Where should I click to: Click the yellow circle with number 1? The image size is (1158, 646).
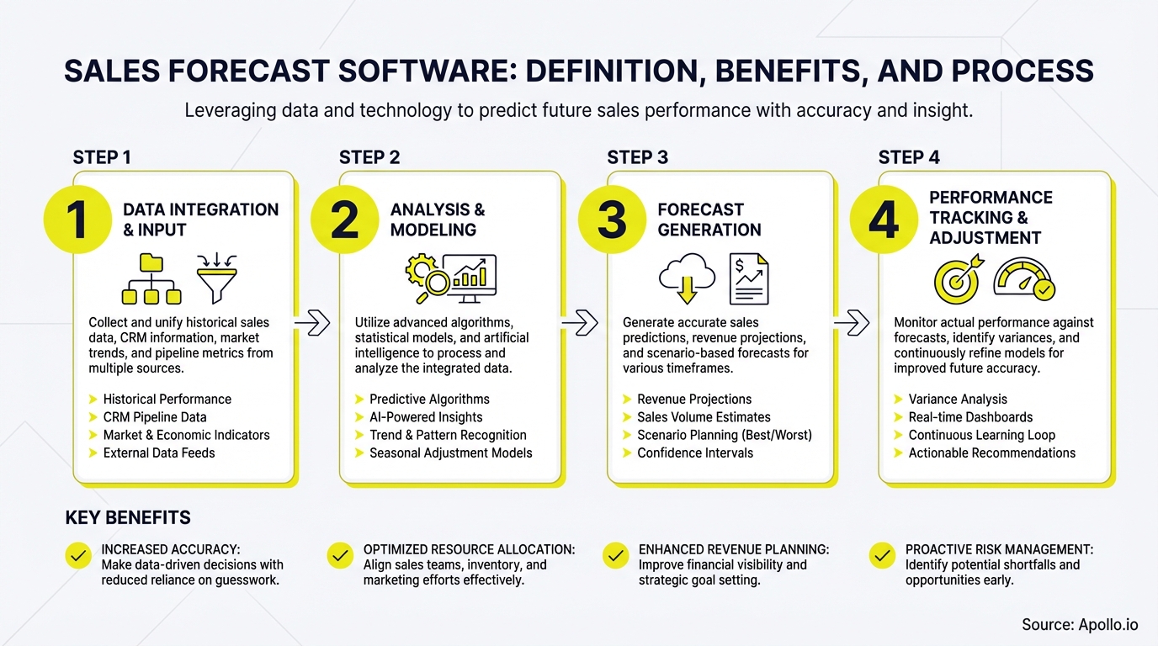[x=77, y=220]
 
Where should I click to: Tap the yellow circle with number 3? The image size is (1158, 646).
[x=612, y=220]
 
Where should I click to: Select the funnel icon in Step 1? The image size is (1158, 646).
[x=216, y=278]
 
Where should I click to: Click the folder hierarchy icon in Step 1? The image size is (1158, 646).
[x=151, y=278]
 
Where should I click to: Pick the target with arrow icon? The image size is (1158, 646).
[x=959, y=278]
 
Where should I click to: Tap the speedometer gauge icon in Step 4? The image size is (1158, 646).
[x=1024, y=279]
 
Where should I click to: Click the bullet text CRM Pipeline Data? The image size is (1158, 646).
[x=154, y=417]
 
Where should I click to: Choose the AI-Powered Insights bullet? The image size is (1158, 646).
[x=426, y=417]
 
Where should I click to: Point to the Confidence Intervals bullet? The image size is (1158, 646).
[x=694, y=453]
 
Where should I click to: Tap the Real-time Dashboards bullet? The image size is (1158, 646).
[x=970, y=417]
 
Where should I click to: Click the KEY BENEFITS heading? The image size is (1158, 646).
[x=128, y=517]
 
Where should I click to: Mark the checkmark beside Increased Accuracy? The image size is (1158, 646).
[x=78, y=556]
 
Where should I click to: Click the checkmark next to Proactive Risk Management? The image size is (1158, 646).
[x=882, y=556]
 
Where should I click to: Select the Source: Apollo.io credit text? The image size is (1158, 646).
[x=1080, y=624]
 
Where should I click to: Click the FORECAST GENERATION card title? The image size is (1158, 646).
[x=709, y=220]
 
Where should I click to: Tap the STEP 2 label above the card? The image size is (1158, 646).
[x=369, y=157]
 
